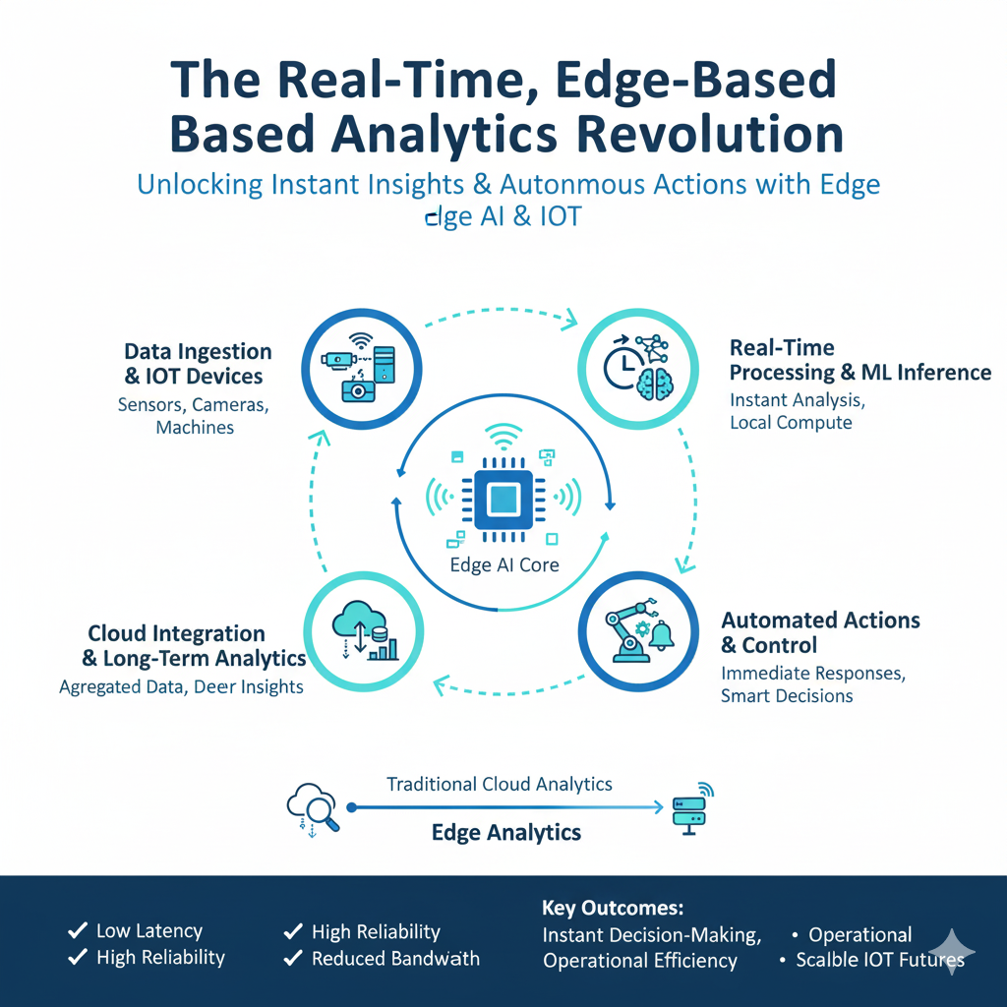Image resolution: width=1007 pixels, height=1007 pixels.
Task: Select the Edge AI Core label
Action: [503, 564]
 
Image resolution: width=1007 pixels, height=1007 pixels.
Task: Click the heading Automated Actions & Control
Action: [820, 632]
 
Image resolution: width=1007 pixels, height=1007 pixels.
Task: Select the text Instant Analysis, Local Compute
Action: [791, 411]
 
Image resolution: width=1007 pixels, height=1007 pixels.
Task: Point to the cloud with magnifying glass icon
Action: [312, 807]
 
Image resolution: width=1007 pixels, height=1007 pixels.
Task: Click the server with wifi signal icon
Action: [689, 808]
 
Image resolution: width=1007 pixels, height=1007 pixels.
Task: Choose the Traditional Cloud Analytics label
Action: [500, 784]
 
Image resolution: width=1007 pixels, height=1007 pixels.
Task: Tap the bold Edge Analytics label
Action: [506, 833]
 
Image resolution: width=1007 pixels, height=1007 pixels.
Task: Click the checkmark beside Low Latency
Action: [76, 930]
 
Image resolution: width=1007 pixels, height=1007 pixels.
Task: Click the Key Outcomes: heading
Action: [612, 908]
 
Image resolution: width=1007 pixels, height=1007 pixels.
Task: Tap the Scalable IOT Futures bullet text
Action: [879, 959]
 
